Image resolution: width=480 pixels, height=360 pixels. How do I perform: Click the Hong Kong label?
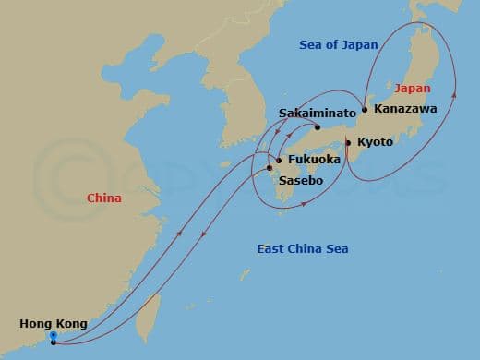tap(54, 323)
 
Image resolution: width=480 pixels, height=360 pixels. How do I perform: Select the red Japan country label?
tap(412, 89)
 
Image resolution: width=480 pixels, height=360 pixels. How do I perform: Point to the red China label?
tap(103, 198)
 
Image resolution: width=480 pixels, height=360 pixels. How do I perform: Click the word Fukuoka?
tap(314, 160)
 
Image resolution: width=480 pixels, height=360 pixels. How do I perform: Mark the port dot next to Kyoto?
tap(347, 142)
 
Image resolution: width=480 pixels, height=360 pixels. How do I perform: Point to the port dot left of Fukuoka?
tap(280, 160)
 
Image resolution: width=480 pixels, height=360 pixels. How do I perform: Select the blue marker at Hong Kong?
tap(54, 338)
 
